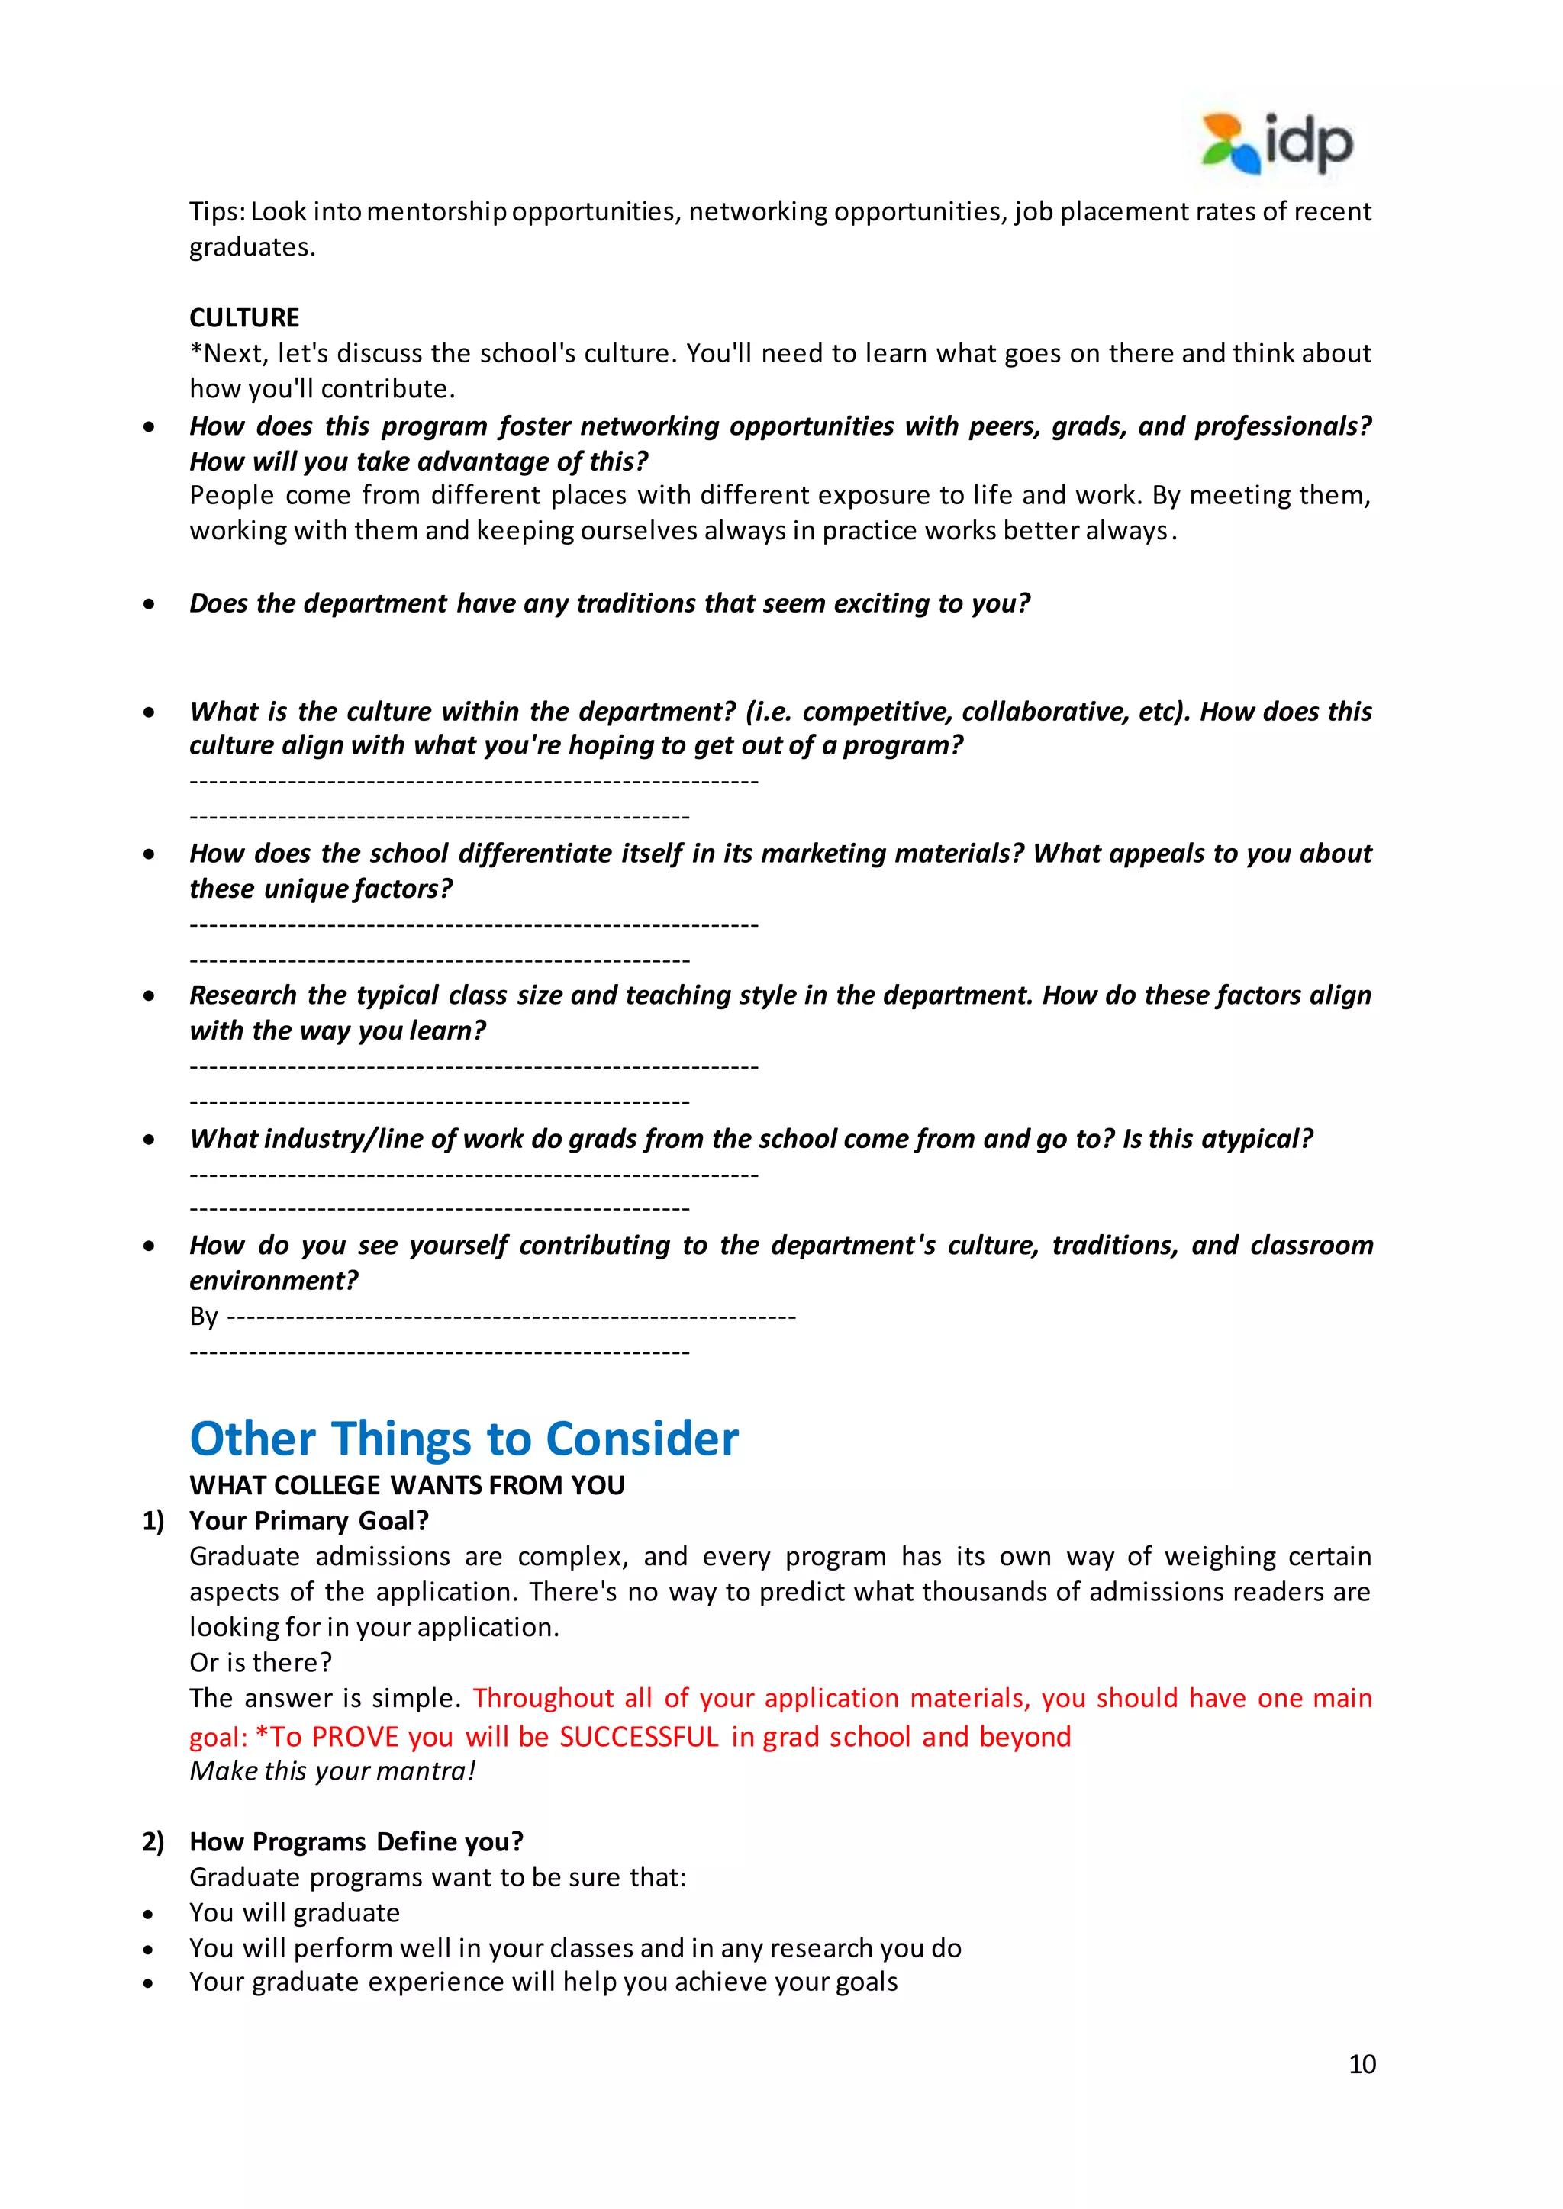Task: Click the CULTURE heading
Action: pyautogui.click(x=243, y=317)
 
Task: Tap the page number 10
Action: pyautogui.click(x=1362, y=2064)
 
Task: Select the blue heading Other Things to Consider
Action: pyautogui.click(x=464, y=1439)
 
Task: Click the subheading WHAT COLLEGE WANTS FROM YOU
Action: pyautogui.click(x=406, y=1484)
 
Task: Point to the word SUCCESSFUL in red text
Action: pyautogui.click(x=639, y=1737)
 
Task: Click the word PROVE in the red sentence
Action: pyautogui.click(x=355, y=1737)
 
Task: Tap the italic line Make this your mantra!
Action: pyautogui.click(x=332, y=1771)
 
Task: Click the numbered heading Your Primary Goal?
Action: pyautogui.click(x=309, y=1520)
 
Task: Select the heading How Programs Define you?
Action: pyautogui.click(x=356, y=1841)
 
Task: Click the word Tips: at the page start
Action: pyautogui.click(x=218, y=211)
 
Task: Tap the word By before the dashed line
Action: pyautogui.click(x=203, y=1316)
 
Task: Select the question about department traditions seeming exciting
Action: pyautogui.click(x=609, y=603)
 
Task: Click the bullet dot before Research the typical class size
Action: pyautogui.click(x=148, y=995)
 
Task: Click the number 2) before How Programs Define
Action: pyautogui.click(x=153, y=1841)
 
